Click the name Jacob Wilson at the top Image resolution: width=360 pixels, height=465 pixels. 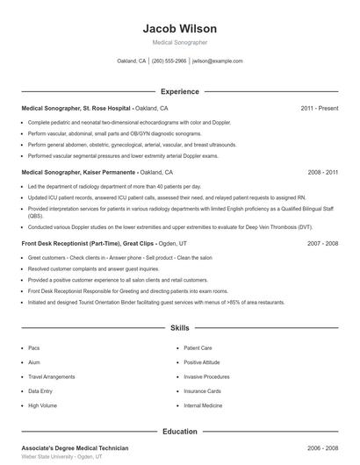pyautogui.click(x=179, y=29)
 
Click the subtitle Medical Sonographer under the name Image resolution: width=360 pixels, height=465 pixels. pyautogui.click(x=179, y=43)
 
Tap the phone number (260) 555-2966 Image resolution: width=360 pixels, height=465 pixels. pyautogui.click(x=169, y=61)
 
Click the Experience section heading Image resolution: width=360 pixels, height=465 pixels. pyautogui.click(x=179, y=91)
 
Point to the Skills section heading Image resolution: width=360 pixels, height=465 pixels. pyautogui.click(x=179, y=328)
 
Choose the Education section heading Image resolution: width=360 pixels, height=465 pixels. pyautogui.click(x=179, y=432)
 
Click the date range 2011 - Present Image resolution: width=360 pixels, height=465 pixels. pyautogui.click(x=319, y=108)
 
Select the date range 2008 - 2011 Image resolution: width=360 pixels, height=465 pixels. pyautogui.click(x=322, y=173)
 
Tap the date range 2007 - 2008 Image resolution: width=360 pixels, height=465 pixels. pyautogui.click(x=322, y=244)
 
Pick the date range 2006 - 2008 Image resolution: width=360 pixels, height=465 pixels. pyautogui.click(x=322, y=448)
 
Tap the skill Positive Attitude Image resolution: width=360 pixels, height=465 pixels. pyautogui.click(x=203, y=362)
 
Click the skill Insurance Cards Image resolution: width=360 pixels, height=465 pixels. pyautogui.click(x=202, y=391)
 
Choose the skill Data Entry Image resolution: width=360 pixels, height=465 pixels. pyautogui.click(x=40, y=391)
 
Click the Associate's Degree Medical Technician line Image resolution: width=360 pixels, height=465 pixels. pyautogui.click(x=75, y=448)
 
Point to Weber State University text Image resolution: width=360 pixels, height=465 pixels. pyautogui.click(x=53, y=457)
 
